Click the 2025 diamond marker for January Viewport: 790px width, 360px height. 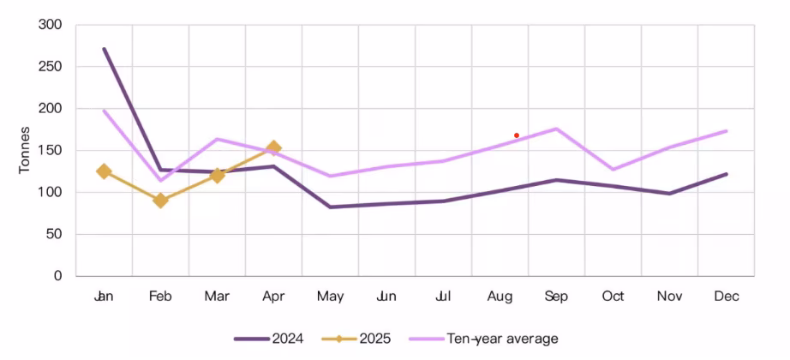coord(105,171)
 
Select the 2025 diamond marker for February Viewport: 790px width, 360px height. coord(160,201)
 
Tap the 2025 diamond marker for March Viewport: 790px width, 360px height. coord(217,176)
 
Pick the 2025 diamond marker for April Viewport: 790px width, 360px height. coord(273,148)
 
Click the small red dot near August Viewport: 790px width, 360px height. coord(517,135)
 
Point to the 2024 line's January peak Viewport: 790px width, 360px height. coord(105,49)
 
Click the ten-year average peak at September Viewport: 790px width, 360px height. coord(556,129)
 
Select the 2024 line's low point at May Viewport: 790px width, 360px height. coord(330,207)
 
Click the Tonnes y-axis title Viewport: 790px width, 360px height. coord(25,150)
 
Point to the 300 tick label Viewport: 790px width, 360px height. coord(51,25)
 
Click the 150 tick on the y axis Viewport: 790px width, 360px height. coord(51,150)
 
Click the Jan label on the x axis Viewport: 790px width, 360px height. coord(104,297)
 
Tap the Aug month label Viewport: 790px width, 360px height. coord(500,297)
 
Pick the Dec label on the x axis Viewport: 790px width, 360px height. coord(726,297)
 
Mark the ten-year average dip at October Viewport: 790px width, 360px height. coord(613,169)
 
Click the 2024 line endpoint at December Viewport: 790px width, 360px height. coord(726,174)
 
